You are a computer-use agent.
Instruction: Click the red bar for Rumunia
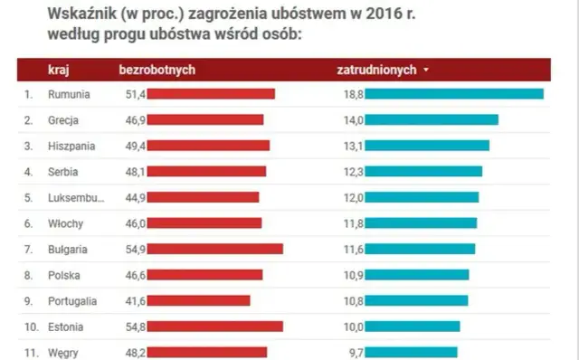(212, 94)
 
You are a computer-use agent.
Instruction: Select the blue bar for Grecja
(432, 119)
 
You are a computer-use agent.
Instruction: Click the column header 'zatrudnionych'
(376, 70)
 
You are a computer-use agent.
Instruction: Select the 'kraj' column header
(59, 70)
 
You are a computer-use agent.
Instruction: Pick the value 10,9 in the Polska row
(352, 275)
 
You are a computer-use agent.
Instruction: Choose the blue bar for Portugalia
(417, 300)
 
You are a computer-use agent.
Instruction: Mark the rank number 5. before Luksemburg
(28, 197)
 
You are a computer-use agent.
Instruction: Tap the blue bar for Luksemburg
(422, 197)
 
